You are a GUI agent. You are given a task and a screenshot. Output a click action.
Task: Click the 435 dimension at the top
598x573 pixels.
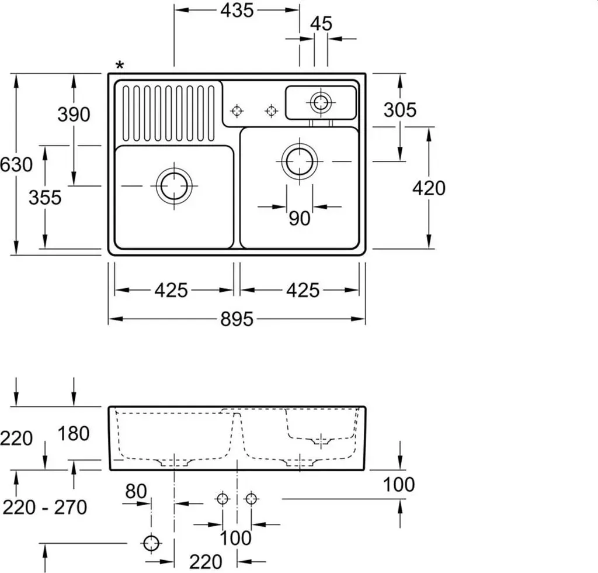click(x=237, y=11)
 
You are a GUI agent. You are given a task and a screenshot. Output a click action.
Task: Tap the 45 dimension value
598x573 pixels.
click(x=321, y=23)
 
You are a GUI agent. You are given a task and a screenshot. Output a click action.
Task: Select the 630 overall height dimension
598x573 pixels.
click(x=16, y=165)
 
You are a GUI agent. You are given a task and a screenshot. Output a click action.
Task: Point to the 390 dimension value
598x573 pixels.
click(x=74, y=114)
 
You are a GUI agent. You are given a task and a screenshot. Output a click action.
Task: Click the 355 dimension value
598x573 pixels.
click(x=45, y=198)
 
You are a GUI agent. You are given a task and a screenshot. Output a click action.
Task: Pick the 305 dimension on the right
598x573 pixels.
click(x=400, y=110)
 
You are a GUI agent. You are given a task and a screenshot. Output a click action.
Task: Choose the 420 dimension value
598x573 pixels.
click(x=429, y=188)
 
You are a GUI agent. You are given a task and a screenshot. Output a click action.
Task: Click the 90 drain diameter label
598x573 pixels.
click(x=300, y=218)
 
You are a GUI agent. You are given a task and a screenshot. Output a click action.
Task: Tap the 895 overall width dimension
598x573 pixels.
click(x=237, y=319)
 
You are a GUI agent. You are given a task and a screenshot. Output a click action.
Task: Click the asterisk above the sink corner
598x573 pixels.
click(x=120, y=65)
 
